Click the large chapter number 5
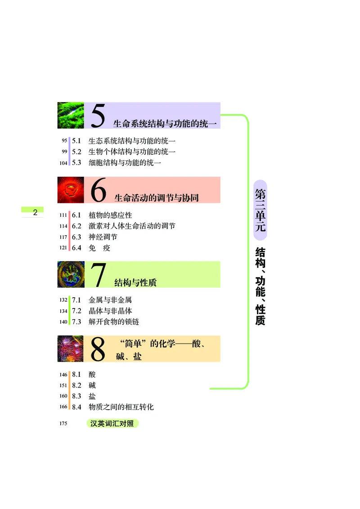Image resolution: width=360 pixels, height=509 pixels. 98,116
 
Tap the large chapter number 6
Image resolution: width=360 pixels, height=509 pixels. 99,191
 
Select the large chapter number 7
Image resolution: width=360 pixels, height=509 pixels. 99,275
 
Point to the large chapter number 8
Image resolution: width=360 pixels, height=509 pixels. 98,349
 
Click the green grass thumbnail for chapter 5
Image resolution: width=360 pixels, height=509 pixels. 71,116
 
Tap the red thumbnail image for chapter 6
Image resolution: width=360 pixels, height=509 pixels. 71,190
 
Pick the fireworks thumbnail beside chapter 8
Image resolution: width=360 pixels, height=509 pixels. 71,348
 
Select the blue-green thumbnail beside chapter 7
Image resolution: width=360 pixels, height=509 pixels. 71,274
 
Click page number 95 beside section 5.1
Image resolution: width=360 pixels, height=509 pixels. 64,141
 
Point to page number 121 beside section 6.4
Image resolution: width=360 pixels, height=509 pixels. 63,248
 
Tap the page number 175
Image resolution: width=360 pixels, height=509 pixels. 63,424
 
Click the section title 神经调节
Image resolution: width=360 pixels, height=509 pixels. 103,237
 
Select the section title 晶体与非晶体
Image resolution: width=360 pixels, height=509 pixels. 110,311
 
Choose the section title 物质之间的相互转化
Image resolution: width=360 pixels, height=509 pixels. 121,407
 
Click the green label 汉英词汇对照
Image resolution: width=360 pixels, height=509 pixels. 112,424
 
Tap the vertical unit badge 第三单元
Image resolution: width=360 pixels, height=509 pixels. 260,210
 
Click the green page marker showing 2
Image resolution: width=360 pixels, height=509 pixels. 32,212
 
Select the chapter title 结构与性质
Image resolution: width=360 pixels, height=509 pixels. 135,282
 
